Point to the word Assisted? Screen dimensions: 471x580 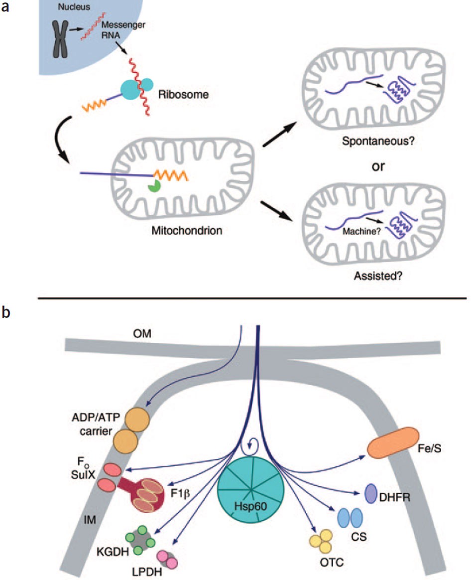[x=378, y=276]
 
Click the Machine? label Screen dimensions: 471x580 [x=361, y=232]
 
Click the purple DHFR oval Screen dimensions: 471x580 [x=371, y=493]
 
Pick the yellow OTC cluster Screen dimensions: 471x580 [x=321, y=541]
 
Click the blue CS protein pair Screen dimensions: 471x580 [x=350, y=518]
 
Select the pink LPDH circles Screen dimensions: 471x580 [x=167, y=559]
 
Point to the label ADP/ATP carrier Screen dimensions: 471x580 [x=96, y=424]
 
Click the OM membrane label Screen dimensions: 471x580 [x=142, y=334]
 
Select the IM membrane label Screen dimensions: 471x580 [x=90, y=520]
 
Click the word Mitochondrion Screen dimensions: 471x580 [x=187, y=230]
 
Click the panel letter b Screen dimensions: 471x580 [x=6, y=312]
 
